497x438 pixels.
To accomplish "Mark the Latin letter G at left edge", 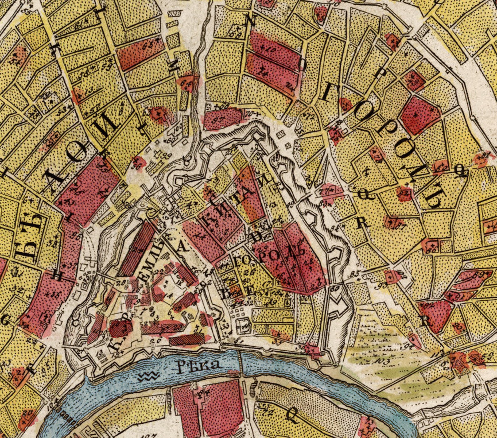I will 5,320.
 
